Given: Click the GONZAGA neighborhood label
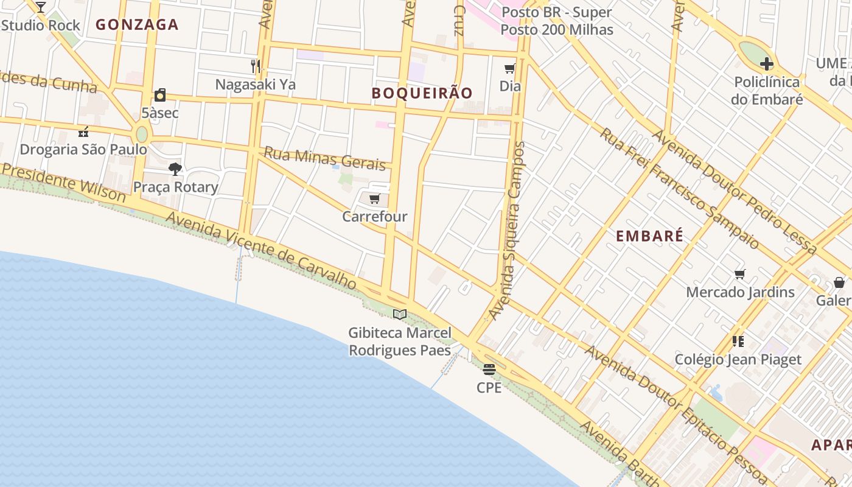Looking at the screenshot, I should coord(137,25).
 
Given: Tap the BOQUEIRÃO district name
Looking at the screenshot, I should coord(422,93).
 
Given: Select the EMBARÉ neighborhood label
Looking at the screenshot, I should coord(649,236).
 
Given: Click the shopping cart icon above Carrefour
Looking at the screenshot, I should coord(375,199).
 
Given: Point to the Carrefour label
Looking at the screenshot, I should coord(375,216).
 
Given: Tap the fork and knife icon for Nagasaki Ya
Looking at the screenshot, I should coord(256,66).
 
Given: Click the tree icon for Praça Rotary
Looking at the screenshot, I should coord(175,169).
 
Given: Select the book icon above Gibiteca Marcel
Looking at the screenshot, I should coord(400,315).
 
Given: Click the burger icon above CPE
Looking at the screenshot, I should coord(489,369).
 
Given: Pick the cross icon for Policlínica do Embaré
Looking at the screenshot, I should coord(767,63).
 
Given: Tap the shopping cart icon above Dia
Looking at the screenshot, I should coord(510,69).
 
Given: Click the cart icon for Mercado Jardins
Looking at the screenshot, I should coord(740,275).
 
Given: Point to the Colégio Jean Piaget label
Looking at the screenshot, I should coord(738,359).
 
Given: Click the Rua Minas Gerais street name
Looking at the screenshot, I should coord(324,158).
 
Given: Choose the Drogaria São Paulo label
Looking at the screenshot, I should coord(83,149).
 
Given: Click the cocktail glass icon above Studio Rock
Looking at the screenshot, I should coord(40,7).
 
